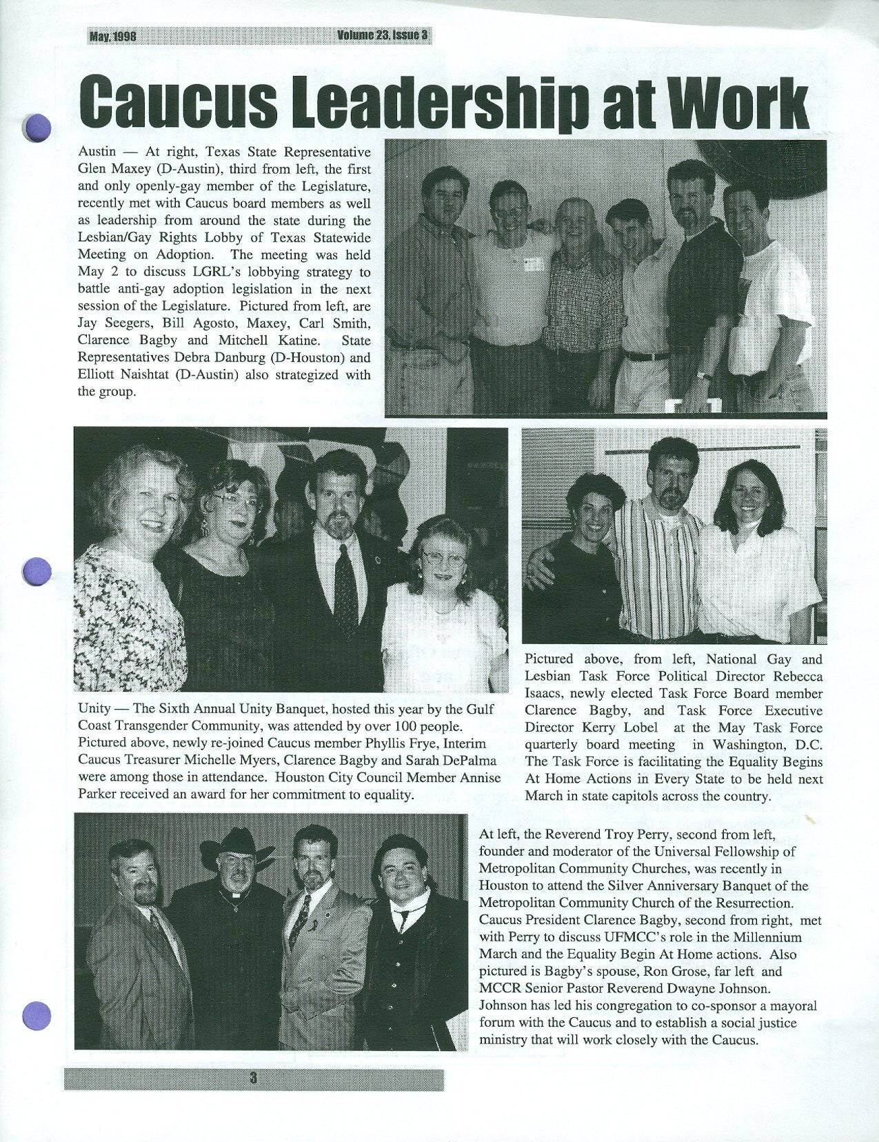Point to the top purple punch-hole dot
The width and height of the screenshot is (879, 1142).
[x=38, y=128]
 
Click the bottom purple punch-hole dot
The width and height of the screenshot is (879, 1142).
[x=37, y=1014]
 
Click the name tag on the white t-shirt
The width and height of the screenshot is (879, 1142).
[x=531, y=263]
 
